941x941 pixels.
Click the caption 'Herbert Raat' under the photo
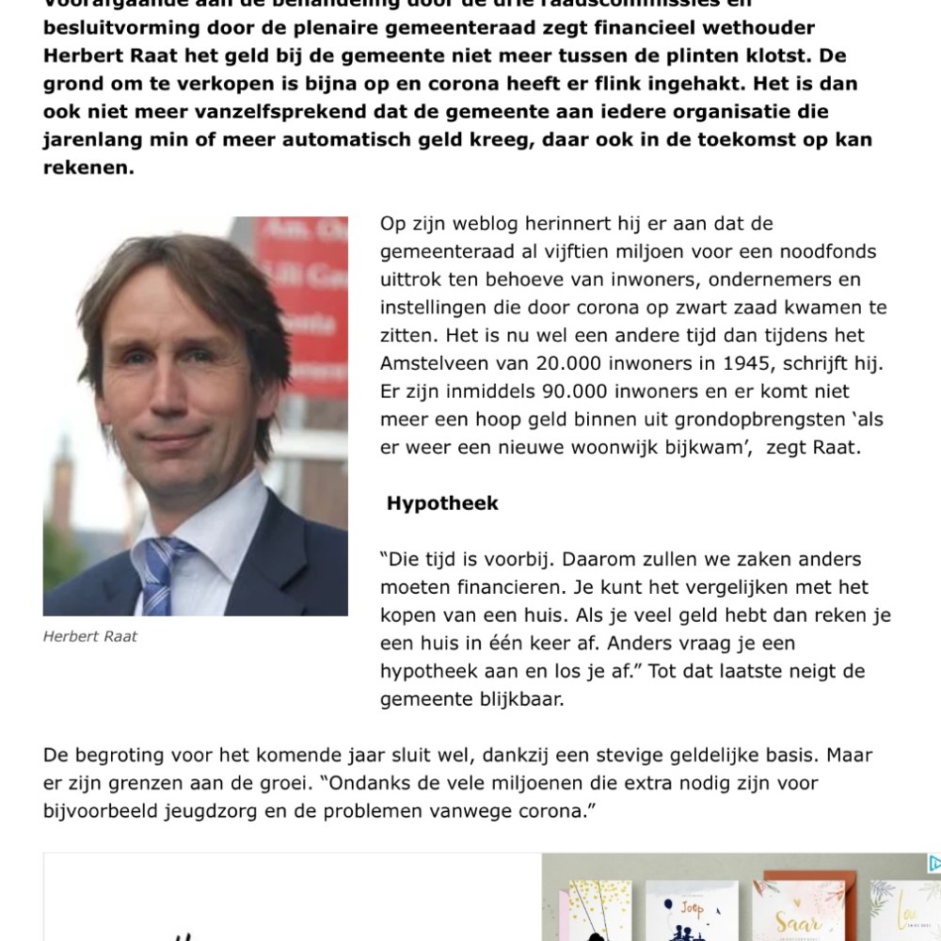pos(90,637)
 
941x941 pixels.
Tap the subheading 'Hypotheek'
pos(442,503)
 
